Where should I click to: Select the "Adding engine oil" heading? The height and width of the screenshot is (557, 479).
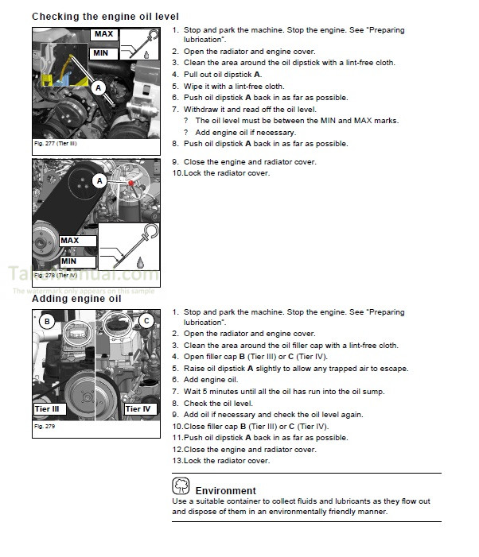coord(76,299)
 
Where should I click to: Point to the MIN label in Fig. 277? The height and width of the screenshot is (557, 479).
coord(101,53)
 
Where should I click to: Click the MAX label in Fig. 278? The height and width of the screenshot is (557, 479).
coord(69,241)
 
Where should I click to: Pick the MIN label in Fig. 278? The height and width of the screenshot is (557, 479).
coord(69,261)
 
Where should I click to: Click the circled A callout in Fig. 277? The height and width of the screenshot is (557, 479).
coord(99,88)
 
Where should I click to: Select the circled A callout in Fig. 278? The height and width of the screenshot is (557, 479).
coord(99,181)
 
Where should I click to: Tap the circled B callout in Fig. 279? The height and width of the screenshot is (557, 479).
coord(48,322)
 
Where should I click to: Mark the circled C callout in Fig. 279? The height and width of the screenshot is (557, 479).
coord(146,321)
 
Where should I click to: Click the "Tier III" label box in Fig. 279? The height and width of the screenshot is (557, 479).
coord(49,409)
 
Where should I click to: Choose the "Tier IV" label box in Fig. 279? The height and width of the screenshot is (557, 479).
coord(138,409)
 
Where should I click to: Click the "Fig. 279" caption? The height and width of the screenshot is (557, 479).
coord(44,427)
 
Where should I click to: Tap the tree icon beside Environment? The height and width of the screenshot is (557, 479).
coord(181,485)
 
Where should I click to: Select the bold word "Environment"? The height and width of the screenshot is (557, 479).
coord(225,491)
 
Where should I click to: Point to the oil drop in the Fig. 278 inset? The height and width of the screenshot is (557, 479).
coord(140,261)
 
